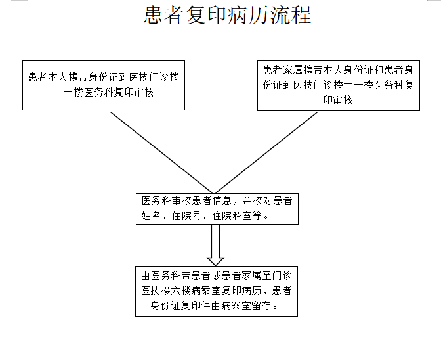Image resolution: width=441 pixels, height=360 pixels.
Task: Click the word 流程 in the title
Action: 291,14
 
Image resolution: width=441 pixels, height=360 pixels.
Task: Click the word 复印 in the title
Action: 207,14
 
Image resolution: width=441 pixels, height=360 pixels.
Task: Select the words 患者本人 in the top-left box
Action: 48,77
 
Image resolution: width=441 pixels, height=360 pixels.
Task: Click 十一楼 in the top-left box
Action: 68,92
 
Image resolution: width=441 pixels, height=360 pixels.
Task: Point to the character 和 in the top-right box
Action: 379,70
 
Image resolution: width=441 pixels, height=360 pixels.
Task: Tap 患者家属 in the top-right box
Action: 283,70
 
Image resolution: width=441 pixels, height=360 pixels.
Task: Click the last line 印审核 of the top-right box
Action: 338,100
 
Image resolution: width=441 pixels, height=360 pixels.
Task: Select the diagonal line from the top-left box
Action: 161,152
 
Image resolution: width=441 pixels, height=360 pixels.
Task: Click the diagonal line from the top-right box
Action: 266,152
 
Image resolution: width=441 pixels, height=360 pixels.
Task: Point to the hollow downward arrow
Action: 215,245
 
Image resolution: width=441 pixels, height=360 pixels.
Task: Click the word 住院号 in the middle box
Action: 186,215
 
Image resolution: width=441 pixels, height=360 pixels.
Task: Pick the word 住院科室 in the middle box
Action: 232,215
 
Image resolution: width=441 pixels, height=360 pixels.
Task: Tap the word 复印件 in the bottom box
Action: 196,305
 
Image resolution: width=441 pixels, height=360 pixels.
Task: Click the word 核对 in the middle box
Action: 262,200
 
